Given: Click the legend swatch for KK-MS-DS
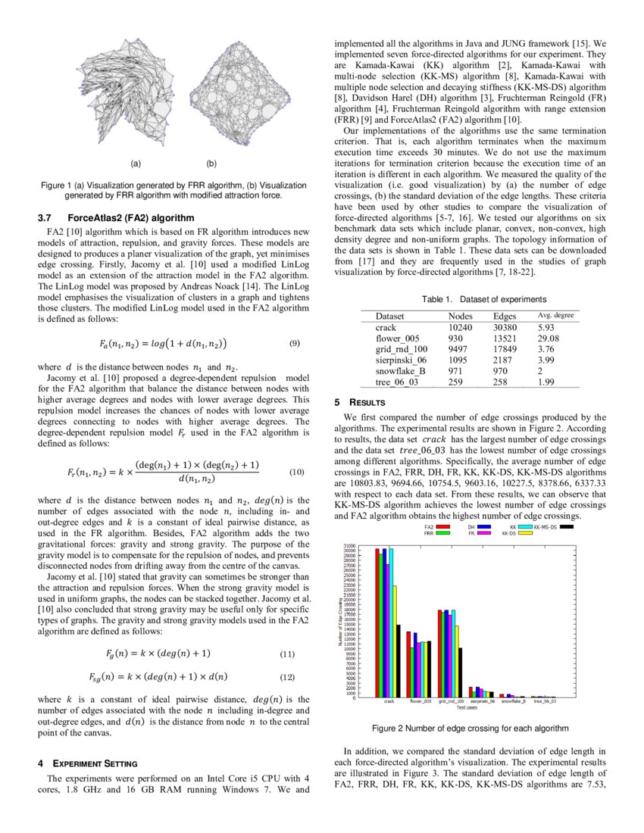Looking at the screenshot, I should pos(564,526).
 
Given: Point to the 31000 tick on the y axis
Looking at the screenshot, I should pos(349,545).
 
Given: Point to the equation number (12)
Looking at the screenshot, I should pos(287,676).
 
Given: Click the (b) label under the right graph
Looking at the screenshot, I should pos(211,162).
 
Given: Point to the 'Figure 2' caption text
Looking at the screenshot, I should pos(470,728).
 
